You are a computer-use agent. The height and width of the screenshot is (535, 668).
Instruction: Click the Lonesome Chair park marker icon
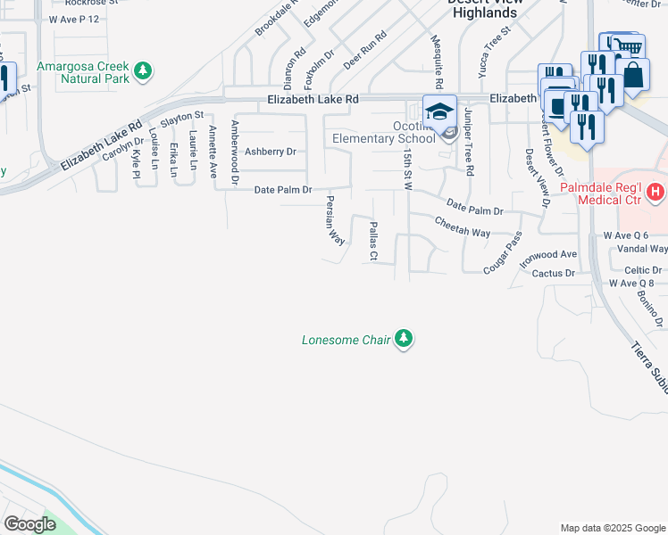[405, 339]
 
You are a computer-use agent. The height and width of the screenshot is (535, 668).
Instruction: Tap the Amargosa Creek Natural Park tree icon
[142, 70]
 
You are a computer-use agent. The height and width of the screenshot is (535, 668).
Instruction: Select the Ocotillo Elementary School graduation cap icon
[439, 111]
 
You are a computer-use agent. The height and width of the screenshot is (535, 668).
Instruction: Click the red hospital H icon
[655, 191]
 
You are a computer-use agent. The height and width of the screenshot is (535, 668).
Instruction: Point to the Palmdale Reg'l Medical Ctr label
[612, 197]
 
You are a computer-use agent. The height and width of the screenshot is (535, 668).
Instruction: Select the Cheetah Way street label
[463, 226]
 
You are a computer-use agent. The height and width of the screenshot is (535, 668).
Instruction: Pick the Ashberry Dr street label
[270, 152]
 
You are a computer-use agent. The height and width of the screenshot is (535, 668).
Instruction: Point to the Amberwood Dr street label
[235, 153]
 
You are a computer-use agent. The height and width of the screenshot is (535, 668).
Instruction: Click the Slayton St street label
[182, 116]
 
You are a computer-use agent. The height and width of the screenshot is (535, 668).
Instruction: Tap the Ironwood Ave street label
[549, 255]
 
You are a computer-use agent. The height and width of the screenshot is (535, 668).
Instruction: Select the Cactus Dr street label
[552, 273]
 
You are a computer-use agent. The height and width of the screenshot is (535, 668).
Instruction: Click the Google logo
[29, 524]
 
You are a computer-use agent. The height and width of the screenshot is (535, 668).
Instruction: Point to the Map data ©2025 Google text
[612, 528]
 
